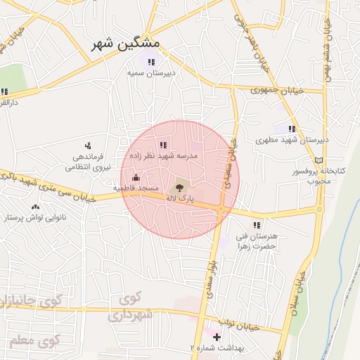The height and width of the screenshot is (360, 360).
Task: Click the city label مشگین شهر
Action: pos(127,44)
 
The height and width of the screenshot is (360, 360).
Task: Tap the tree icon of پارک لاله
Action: pos(179,188)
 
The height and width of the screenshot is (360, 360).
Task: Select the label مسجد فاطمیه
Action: pos(136,188)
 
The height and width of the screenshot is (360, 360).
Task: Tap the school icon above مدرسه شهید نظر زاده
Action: pos(163,145)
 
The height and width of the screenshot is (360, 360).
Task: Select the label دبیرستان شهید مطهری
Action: pos(292,140)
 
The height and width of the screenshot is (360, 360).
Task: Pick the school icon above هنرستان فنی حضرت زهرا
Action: pos(257,226)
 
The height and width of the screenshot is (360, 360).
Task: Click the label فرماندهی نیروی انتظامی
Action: pos(88,162)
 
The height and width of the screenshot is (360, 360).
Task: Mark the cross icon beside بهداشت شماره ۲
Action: pos(217,337)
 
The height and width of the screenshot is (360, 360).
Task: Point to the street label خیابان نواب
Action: pos(239,324)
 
